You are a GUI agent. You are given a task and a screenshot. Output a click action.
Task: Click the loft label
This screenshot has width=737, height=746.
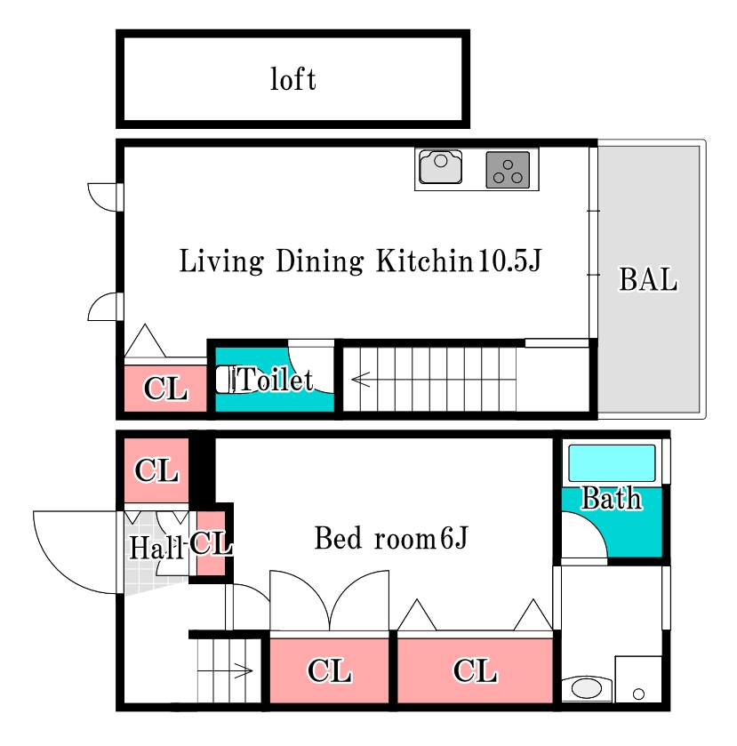[293, 79]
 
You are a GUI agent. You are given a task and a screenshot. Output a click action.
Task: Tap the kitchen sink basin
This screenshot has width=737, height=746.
[441, 166]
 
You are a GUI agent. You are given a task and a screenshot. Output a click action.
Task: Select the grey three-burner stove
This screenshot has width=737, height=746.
[508, 170]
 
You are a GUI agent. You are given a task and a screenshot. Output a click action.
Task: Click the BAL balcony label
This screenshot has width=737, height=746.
[648, 279]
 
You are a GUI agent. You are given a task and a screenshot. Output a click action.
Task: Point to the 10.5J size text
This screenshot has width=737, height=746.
[509, 261]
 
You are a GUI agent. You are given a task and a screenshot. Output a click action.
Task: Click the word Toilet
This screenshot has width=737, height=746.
[275, 380]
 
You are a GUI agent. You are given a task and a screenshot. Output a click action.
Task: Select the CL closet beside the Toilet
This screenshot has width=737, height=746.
[165, 389]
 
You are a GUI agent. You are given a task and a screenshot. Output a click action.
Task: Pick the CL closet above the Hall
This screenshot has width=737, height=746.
[156, 470]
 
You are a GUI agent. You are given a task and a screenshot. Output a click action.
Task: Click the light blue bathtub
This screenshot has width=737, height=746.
[612, 463]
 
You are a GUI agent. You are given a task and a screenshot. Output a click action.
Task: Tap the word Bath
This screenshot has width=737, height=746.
[612, 498]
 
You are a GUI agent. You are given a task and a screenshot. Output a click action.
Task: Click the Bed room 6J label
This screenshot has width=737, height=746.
[391, 538]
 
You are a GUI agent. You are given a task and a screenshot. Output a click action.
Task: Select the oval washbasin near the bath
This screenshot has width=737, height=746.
[587, 688]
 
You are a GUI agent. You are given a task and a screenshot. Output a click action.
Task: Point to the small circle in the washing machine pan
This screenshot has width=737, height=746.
[638, 694]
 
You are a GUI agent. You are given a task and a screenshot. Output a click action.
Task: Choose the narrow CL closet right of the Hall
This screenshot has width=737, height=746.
[211, 543]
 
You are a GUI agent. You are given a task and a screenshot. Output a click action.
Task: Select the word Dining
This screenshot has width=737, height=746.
[320, 261]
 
